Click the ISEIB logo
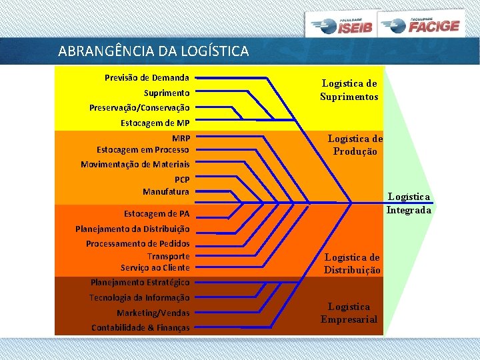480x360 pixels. [341, 25]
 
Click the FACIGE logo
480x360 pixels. [421, 25]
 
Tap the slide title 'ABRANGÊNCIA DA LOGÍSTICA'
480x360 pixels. [153, 51]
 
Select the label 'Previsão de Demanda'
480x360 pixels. [147, 78]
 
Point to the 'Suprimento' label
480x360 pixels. [167, 93]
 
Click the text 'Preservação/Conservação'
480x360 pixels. [139, 107]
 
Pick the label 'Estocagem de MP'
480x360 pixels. [155, 123]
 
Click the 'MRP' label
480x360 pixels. [180, 139]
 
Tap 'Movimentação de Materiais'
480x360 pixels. [135, 164]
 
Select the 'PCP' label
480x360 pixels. [181, 179]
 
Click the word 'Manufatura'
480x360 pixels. [165, 191]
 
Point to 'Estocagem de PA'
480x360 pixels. [157, 214]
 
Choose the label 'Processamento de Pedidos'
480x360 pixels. [137, 244]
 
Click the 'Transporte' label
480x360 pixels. [168, 256]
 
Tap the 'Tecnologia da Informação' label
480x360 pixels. [139, 297]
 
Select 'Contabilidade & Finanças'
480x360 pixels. [140, 327]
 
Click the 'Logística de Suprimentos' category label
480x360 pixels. [349, 90]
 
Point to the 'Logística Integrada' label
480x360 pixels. [409, 203]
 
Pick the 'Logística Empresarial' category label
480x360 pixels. [349, 313]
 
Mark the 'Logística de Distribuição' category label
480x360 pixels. [352, 264]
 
